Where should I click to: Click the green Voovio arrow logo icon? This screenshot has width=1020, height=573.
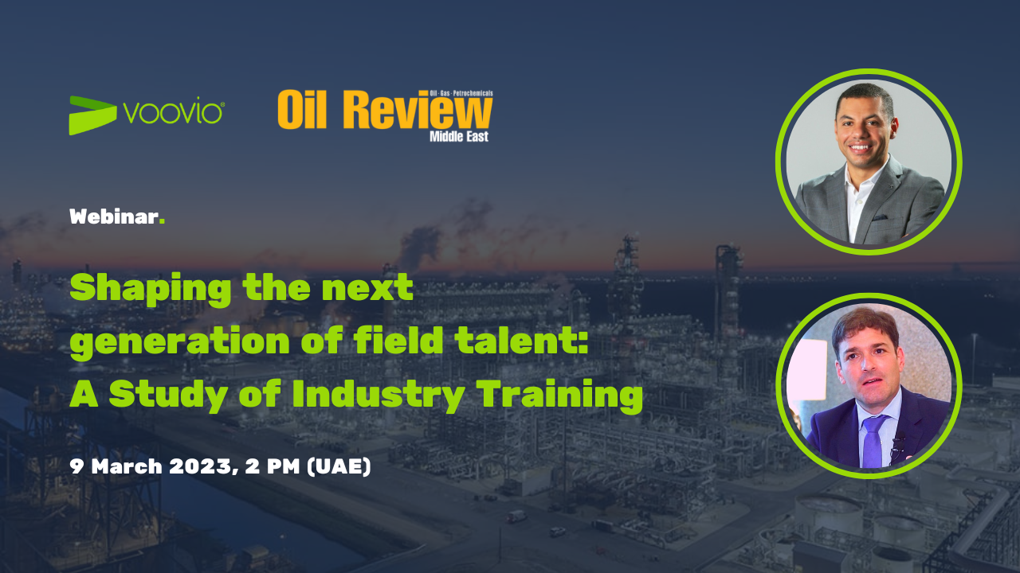(x=92, y=115)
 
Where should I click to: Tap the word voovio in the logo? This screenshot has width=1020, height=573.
(x=173, y=112)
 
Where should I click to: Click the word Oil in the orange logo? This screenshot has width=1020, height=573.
(x=302, y=110)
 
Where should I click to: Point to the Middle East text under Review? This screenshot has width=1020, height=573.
(x=459, y=136)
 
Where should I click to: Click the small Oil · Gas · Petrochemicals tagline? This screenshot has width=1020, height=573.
(x=461, y=93)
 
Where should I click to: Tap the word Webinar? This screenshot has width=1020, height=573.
(x=114, y=216)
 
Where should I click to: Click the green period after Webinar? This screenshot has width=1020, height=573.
(x=162, y=221)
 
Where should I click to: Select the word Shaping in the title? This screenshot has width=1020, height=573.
(x=151, y=289)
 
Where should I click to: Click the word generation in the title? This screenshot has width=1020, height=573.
(x=180, y=341)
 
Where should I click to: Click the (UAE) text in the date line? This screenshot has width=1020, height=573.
(x=339, y=466)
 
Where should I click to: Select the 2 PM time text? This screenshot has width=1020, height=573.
(x=273, y=466)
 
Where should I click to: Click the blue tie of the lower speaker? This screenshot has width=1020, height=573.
(x=873, y=440)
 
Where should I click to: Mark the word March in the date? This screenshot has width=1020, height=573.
(x=127, y=466)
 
